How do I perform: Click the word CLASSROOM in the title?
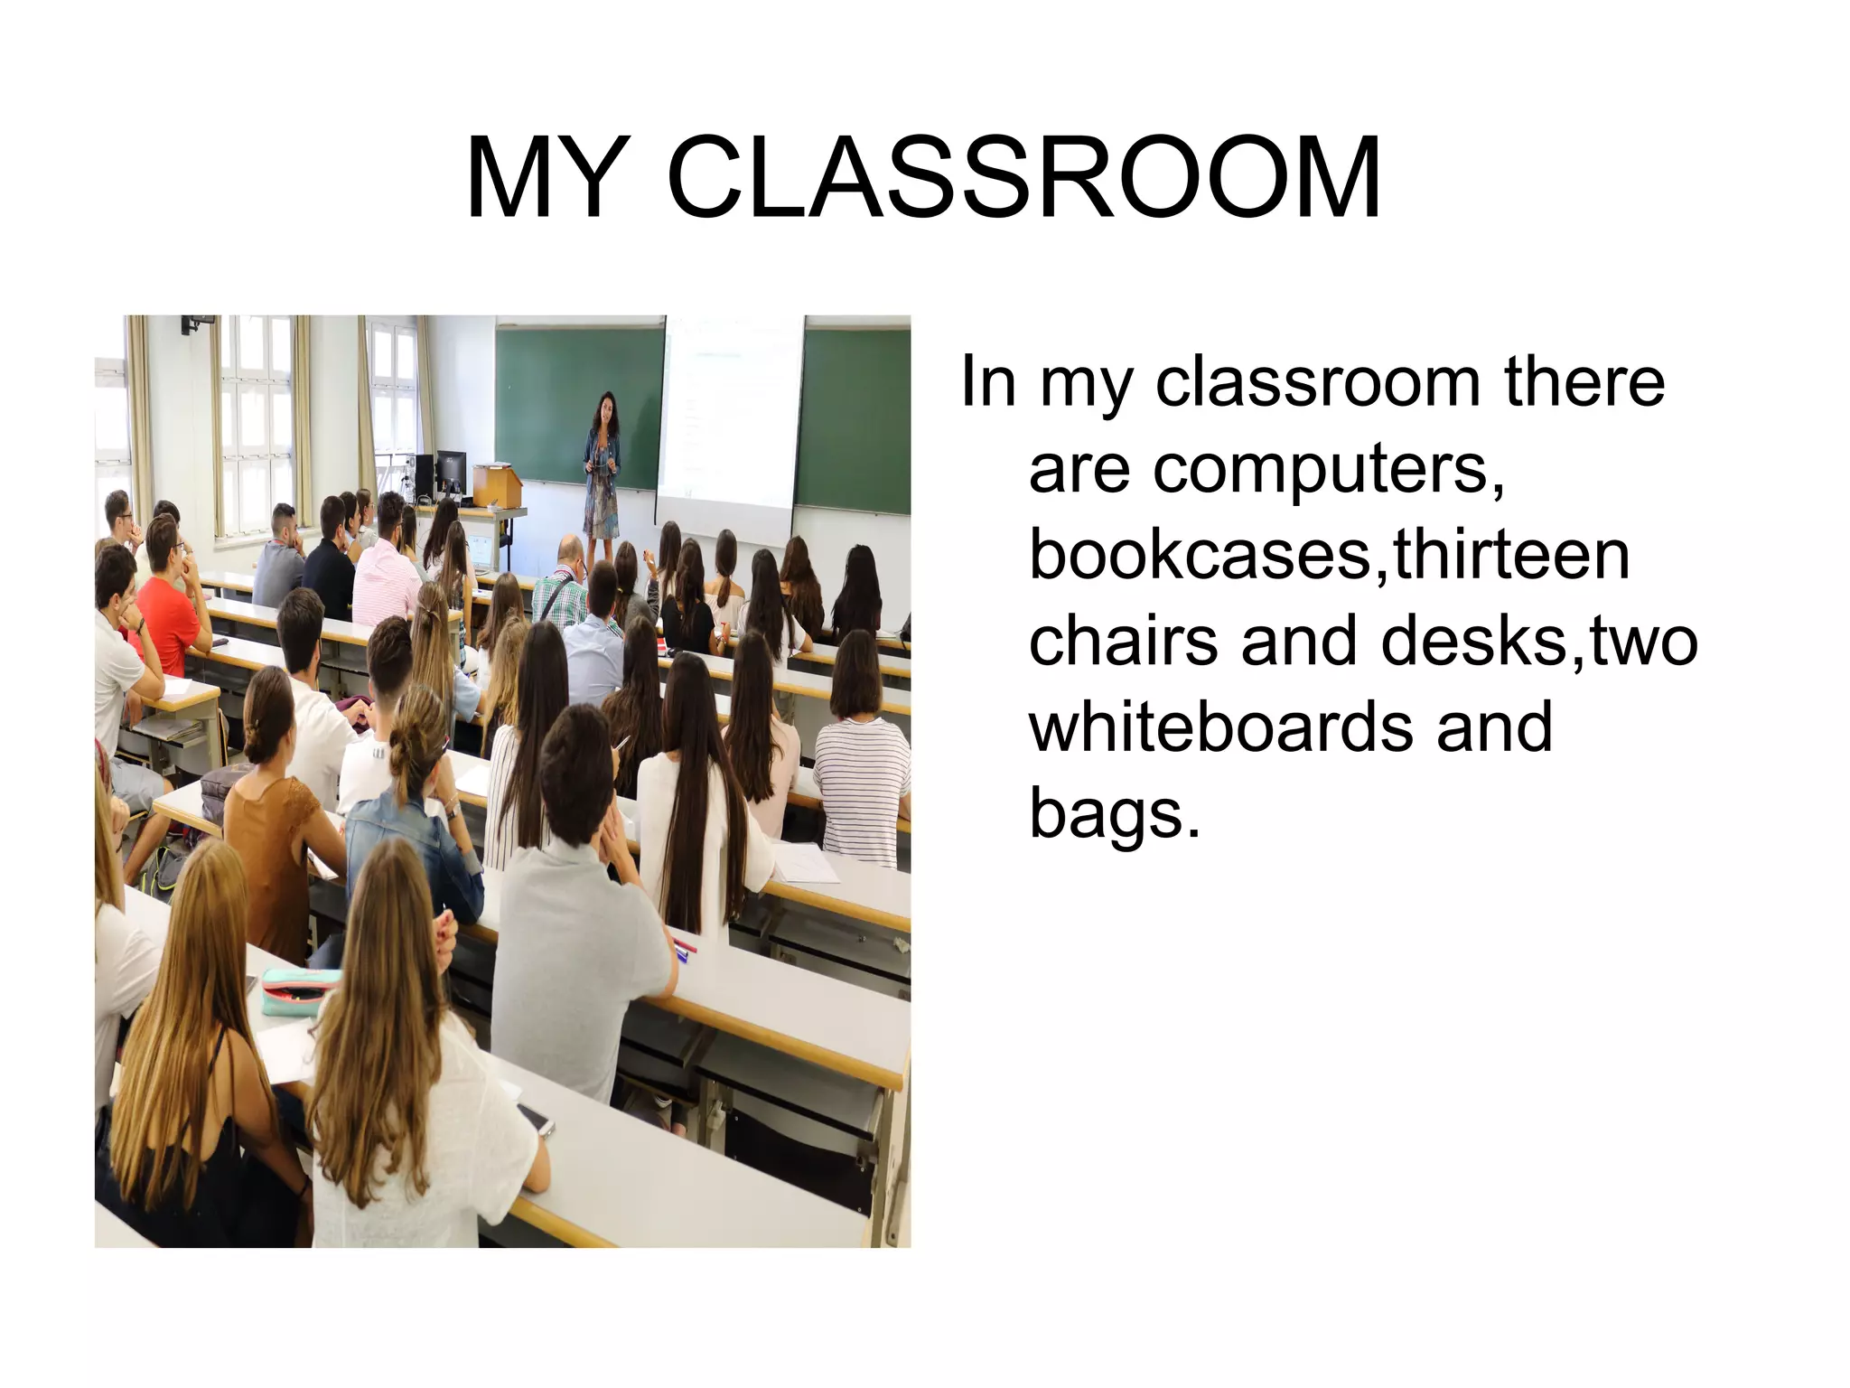(1023, 178)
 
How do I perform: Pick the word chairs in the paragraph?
(1125, 640)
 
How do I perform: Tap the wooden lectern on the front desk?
(496, 484)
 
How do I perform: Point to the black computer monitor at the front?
(450, 470)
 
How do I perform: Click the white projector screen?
(730, 425)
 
